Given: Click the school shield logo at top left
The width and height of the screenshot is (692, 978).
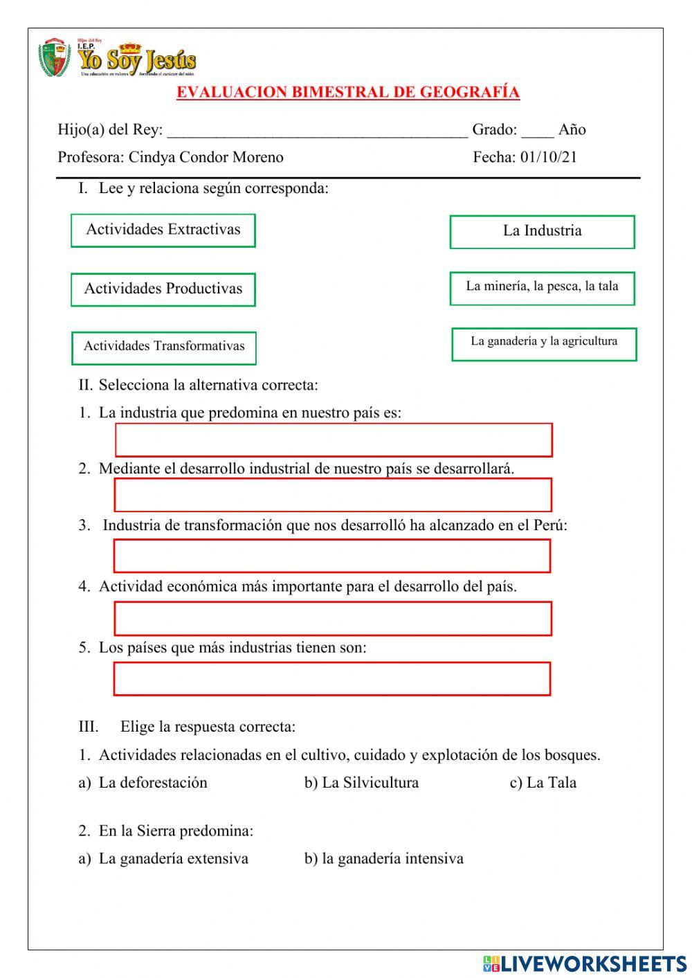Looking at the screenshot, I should (x=54, y=58).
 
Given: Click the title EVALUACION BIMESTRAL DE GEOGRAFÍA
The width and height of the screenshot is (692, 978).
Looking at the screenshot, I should (x=347, y=93).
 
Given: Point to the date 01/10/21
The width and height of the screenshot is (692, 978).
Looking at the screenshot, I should (x=549, y=157).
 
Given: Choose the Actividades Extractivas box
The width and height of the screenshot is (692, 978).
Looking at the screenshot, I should (x=163, y=230).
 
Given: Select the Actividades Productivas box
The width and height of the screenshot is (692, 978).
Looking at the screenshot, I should (x=163, y=289).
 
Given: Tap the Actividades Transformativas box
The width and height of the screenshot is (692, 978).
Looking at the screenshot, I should (x=164, y=347).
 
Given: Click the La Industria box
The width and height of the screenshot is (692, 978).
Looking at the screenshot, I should (x=542, y=232).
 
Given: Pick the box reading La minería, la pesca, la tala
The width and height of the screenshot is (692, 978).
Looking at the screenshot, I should (x=542, y=288).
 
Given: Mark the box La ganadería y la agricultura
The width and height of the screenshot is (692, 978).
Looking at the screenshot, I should (x=544, y=344).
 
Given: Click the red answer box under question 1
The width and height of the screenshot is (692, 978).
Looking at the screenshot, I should (x=334, y=440).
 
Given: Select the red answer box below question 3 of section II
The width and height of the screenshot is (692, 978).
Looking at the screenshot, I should (x=332, y=556).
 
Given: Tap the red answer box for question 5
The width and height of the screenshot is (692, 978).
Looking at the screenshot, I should (x=332, y=679).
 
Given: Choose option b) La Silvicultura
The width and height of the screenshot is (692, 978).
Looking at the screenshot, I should (x=361, y=783).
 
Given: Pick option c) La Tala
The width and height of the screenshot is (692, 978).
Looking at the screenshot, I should (x=543, y=783).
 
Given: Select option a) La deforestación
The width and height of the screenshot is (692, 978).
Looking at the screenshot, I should (x=143, y=783).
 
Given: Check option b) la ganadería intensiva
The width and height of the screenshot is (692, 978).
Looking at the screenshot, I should (x=384, y=859).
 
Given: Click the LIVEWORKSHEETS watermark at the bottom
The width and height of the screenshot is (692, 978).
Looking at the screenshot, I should (x=585, y=963).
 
